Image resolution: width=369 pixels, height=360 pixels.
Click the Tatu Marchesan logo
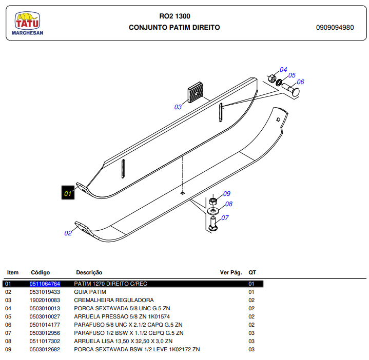[27, 24]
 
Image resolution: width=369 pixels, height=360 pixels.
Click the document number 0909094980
[335, 28]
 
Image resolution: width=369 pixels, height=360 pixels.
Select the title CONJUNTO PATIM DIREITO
[174, 28]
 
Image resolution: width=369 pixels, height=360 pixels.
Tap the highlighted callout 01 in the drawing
[68, 193]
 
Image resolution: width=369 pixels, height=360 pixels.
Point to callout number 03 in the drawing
[178, 107]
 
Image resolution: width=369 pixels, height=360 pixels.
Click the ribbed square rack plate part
[195, 92]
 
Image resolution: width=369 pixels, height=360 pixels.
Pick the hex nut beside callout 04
[272, 78]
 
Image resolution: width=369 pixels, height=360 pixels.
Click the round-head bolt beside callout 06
[291, 89]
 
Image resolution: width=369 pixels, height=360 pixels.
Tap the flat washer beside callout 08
[213, 211]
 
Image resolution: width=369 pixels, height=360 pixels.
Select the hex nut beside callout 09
[213, 201]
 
